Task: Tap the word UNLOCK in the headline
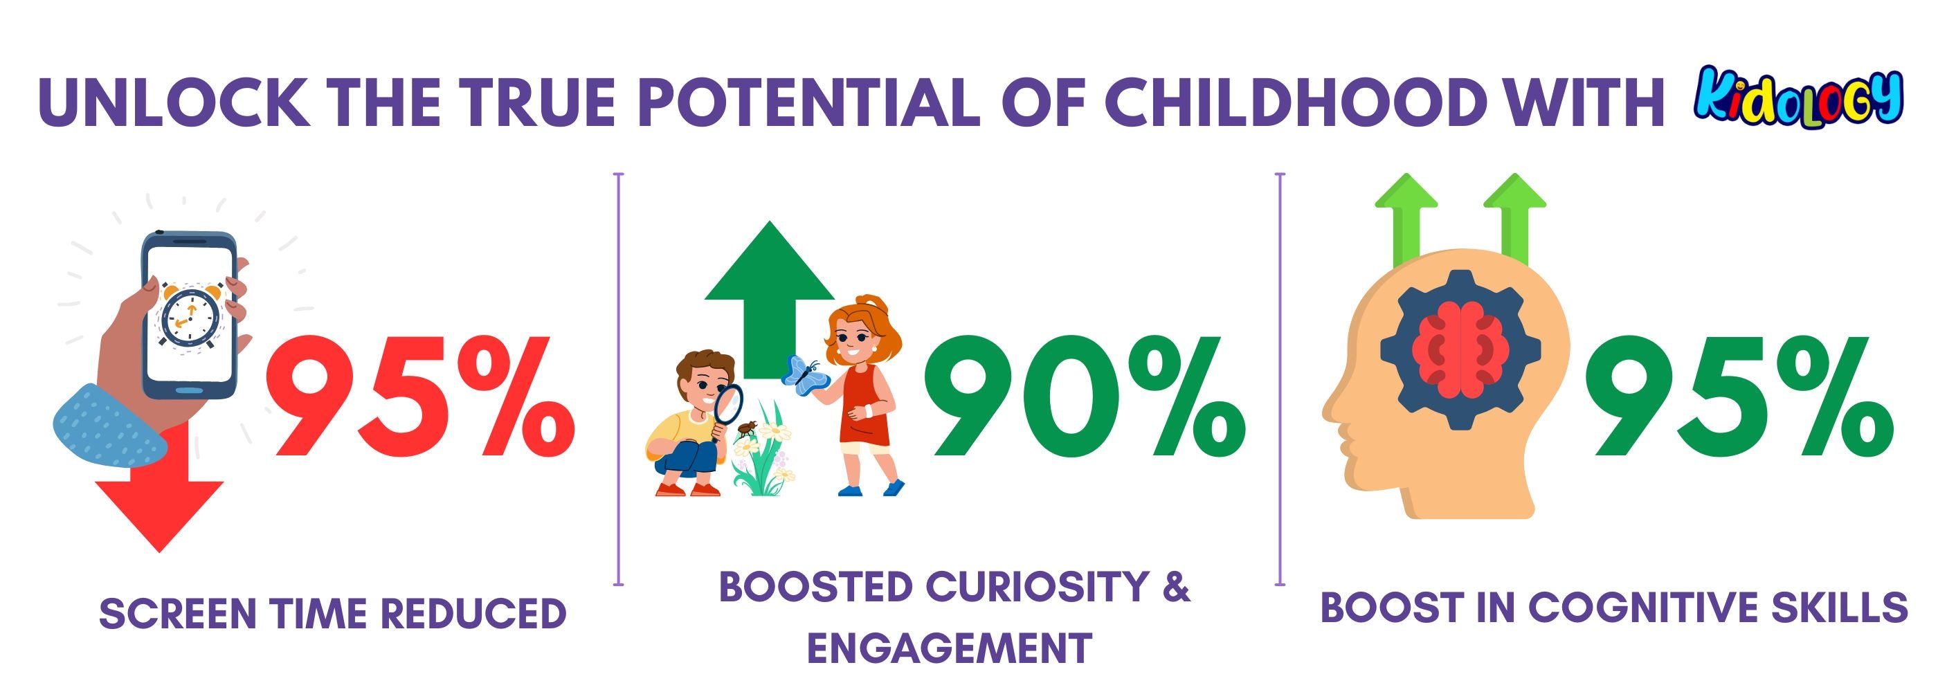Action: click(174, 102)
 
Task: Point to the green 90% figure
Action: click(1084, 397)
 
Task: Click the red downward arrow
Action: click(159, 496)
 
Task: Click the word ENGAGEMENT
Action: click(950, 647)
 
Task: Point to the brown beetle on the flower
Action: click(746, 429)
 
